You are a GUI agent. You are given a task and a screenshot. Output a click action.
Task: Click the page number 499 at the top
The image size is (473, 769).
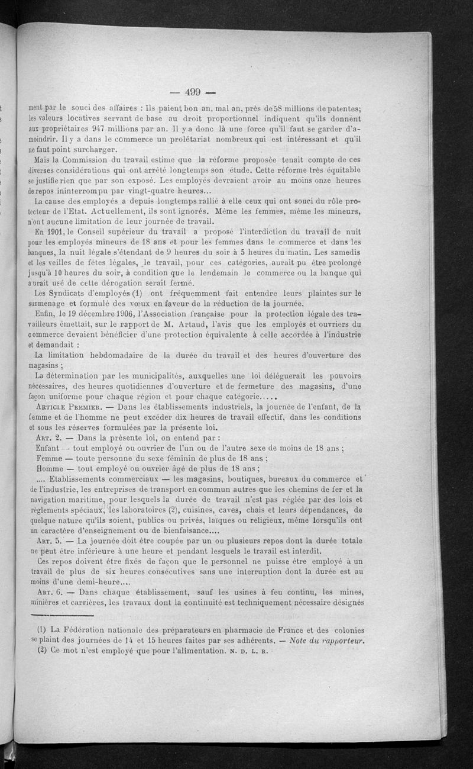coord(193,92)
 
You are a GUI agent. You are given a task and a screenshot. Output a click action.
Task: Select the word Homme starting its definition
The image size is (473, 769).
coord(48,468)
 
